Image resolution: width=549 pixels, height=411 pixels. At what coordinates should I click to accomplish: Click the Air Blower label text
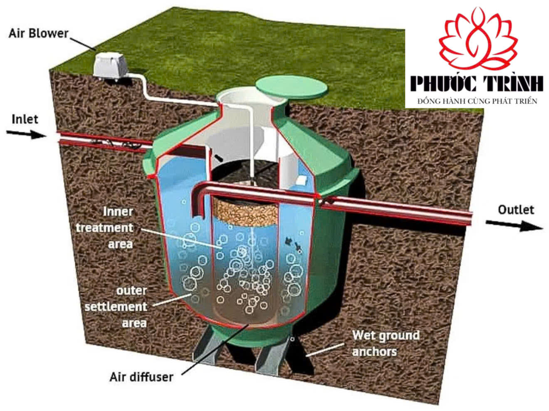coord(38,33)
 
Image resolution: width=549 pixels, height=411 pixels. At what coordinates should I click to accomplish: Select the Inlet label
coord(25,119)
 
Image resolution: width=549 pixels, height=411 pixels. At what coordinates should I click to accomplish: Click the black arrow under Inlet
coord(26,134)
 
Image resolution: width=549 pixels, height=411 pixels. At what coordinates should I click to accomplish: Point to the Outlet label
coord(516,209)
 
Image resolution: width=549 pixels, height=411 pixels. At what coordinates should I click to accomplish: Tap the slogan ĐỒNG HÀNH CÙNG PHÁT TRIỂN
coord(477,101)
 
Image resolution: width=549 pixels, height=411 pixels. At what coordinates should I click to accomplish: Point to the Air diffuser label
coord(141,377)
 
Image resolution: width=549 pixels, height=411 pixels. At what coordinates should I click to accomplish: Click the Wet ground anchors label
coord(385,343)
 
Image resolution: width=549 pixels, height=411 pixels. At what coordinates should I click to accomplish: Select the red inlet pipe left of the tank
coord(104,139)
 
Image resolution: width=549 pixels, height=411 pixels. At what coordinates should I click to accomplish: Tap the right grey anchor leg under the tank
coord(272,354)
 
